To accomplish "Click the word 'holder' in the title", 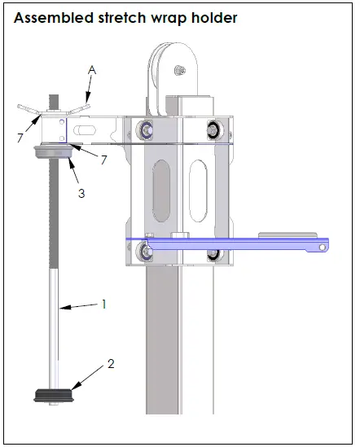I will click(213, 17).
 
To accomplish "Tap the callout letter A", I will click(92, 72).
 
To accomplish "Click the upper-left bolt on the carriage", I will click(147, 128).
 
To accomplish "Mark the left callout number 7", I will click(20, 138).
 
